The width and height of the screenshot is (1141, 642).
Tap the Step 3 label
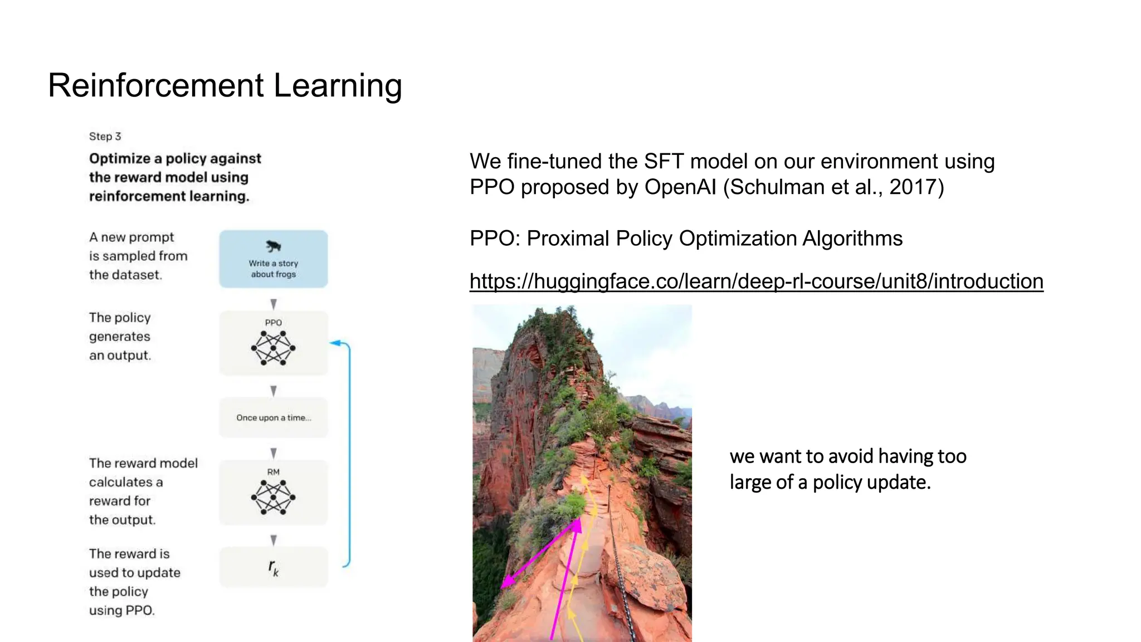click(105, 137)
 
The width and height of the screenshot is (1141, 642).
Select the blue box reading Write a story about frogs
click(273, 259)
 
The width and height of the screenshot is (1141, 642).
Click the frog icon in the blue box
click(273, 246)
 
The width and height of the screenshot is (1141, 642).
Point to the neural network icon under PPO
click(273, 348)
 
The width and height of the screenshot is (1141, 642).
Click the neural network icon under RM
click(273, 497)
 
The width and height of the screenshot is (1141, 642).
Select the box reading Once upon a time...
click(273, 417)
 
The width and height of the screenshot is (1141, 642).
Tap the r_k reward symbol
click(273, 567)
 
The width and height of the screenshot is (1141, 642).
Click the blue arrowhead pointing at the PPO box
click(335, 343)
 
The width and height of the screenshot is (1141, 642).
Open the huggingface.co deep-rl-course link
click(756, 281)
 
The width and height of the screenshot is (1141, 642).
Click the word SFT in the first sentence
click(664, 162)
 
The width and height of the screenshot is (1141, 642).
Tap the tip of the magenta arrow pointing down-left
click(503, 587)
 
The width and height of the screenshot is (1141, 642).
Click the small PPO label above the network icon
click(273, 323)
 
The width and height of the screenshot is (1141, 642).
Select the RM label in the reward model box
click(273, 472)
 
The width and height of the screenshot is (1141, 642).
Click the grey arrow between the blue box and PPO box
click(273, 304)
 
